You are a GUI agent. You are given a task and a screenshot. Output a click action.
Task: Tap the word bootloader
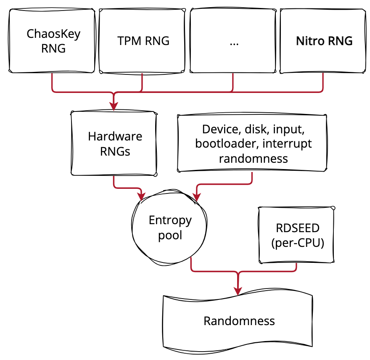click(x=227, y=143)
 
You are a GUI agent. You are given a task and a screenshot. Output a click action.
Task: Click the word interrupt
click(x=287, y=143)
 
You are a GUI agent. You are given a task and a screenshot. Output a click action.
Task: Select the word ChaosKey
click(x=53, y=34)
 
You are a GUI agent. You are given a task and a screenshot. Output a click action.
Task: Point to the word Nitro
click(x=309, y=41)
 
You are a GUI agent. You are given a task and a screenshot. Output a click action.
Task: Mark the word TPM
click(x=127, y=41)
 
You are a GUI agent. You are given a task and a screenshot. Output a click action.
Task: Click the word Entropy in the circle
click(x=170, y=220)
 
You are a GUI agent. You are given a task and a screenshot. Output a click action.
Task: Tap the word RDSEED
click(x=298, y=228)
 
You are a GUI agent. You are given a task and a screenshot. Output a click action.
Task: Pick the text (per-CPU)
click(x=298, y=243)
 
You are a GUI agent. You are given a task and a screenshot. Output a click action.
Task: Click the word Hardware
click(x=115, y=136)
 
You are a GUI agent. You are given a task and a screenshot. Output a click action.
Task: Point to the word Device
click(x=219, y=130)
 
